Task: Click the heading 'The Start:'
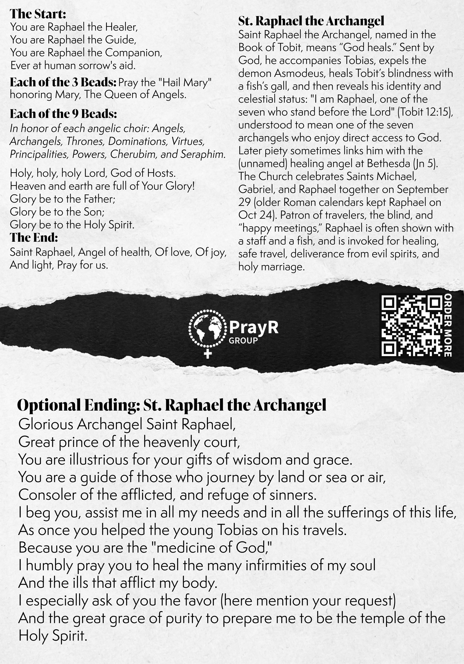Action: click(38, 14)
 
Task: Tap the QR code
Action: click(412, 325)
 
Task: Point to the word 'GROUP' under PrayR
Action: click(243, 340)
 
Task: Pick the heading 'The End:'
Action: click(34, 237)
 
